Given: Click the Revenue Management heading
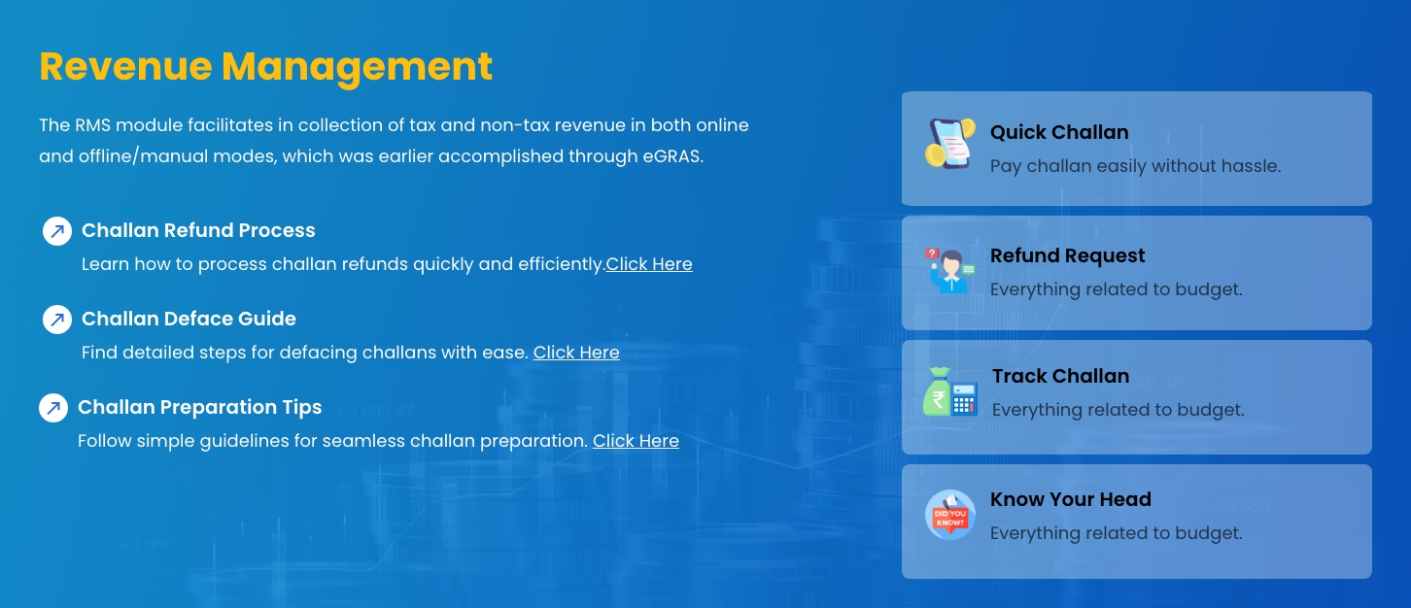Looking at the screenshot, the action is point(265,67).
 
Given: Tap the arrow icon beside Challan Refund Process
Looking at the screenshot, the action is point(57,231).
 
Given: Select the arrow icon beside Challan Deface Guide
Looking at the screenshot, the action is point(57,320).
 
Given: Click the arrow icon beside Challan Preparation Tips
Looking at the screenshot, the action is point(53,408).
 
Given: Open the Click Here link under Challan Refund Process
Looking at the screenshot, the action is point(649,264).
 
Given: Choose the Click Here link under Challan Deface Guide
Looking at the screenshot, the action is point(576,353).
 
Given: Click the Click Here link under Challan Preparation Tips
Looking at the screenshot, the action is point(636,441).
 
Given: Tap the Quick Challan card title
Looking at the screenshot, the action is point(1059,132).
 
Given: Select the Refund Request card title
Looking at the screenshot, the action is point(1068,255).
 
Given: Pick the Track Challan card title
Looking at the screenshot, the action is point(1061,376).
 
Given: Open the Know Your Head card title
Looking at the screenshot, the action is point(1070,499).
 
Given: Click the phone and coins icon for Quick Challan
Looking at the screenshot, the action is point(950,144).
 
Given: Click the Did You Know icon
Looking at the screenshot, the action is point(950,515).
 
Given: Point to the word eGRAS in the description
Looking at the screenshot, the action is point(672,156).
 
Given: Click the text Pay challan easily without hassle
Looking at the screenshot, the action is point(1135,166).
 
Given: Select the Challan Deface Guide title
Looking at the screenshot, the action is point(189,319).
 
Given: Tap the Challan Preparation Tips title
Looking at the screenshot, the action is point(199,407).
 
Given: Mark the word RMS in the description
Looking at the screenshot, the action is point(92,125).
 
